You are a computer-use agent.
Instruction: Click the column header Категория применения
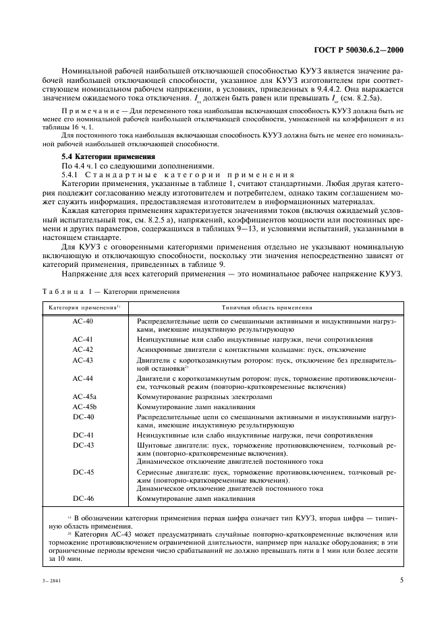tap(82, 307)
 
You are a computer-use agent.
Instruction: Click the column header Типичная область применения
tap(265, 307)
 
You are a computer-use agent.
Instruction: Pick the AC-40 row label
tap(82, 322)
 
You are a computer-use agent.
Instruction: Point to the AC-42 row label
tap(82, 350)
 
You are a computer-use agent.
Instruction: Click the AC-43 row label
tap(82, 360)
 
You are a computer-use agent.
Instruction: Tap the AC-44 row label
tap(82, 379)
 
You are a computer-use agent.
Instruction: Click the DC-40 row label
tap(82, 417)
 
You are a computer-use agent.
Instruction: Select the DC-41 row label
tap(82, 435)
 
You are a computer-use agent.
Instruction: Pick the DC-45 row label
tap(82, 473)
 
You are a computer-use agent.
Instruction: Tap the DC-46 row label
tap(82, 500)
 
